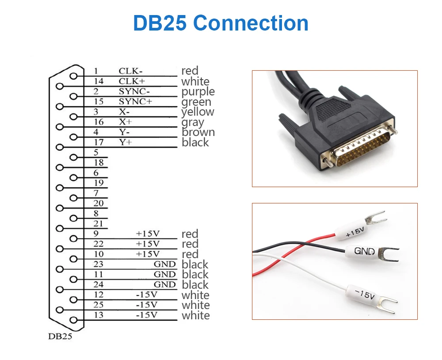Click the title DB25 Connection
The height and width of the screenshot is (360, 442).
click(x=221, y=23)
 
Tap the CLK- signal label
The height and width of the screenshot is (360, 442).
click(x=131, y=71)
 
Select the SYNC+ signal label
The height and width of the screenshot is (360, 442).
click(x=135, y=102)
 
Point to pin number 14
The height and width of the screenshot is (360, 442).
click(x=99, y=81)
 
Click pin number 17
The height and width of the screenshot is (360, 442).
click(x=99, y=142)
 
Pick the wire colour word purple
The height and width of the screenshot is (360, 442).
click(x=198, y=92)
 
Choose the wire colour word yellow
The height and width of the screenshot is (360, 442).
click(x=198, y=112)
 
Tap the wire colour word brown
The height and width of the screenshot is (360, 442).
click(x=198, y=132)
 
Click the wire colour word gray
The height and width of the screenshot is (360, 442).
click(x=193, y=123)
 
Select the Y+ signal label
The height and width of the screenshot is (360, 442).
click(x=126, y=142)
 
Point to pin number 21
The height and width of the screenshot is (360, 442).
click(x=99, y=224)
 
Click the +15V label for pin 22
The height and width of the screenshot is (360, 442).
click(x=148, y=244)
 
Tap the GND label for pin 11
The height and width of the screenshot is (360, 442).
click(x=164, y=274)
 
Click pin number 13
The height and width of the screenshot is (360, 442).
click(x=99, y=315)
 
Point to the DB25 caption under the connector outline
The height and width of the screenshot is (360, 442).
click(x=60, y=337)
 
